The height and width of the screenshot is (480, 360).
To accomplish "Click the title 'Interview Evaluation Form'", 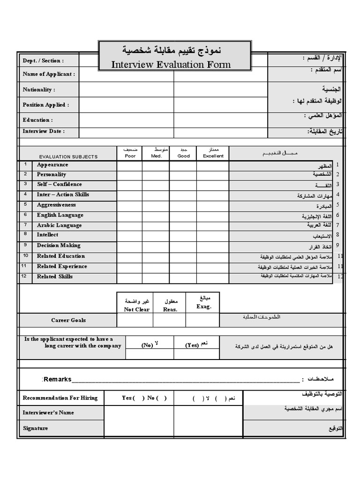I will click(171, 64).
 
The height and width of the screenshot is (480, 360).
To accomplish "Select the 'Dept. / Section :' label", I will click(43, 60).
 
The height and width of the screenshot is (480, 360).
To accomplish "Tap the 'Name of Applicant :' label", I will click(49, 74).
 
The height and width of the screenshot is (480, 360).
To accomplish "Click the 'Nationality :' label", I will click(39, 90).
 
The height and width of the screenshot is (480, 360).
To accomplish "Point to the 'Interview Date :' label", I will click(44, 131).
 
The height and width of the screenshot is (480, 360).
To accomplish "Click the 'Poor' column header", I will click(130, 156).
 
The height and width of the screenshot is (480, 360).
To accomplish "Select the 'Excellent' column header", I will click(213, 156).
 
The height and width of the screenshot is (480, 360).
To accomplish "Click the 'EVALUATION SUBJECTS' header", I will click(68, 157).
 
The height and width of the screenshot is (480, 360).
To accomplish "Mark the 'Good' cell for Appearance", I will click(183, 165).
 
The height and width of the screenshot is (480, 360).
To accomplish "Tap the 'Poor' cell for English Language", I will click(130, 216).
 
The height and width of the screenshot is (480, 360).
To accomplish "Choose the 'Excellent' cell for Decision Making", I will click(213, 246).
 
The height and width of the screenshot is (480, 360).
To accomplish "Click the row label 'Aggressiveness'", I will click(56, 205).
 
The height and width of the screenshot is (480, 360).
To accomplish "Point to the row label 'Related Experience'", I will click(62, 266).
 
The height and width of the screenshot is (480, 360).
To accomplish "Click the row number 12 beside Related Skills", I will click(24, 276).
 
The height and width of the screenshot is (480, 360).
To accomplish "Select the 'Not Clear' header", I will click(136, 309).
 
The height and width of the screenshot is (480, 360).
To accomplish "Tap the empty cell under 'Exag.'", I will click(202, 320).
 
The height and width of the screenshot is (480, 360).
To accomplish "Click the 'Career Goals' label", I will click(68, 320).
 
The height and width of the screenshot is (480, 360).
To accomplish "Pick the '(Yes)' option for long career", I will click(192, 345).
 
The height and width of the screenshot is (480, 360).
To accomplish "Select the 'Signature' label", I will click(35, 428).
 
